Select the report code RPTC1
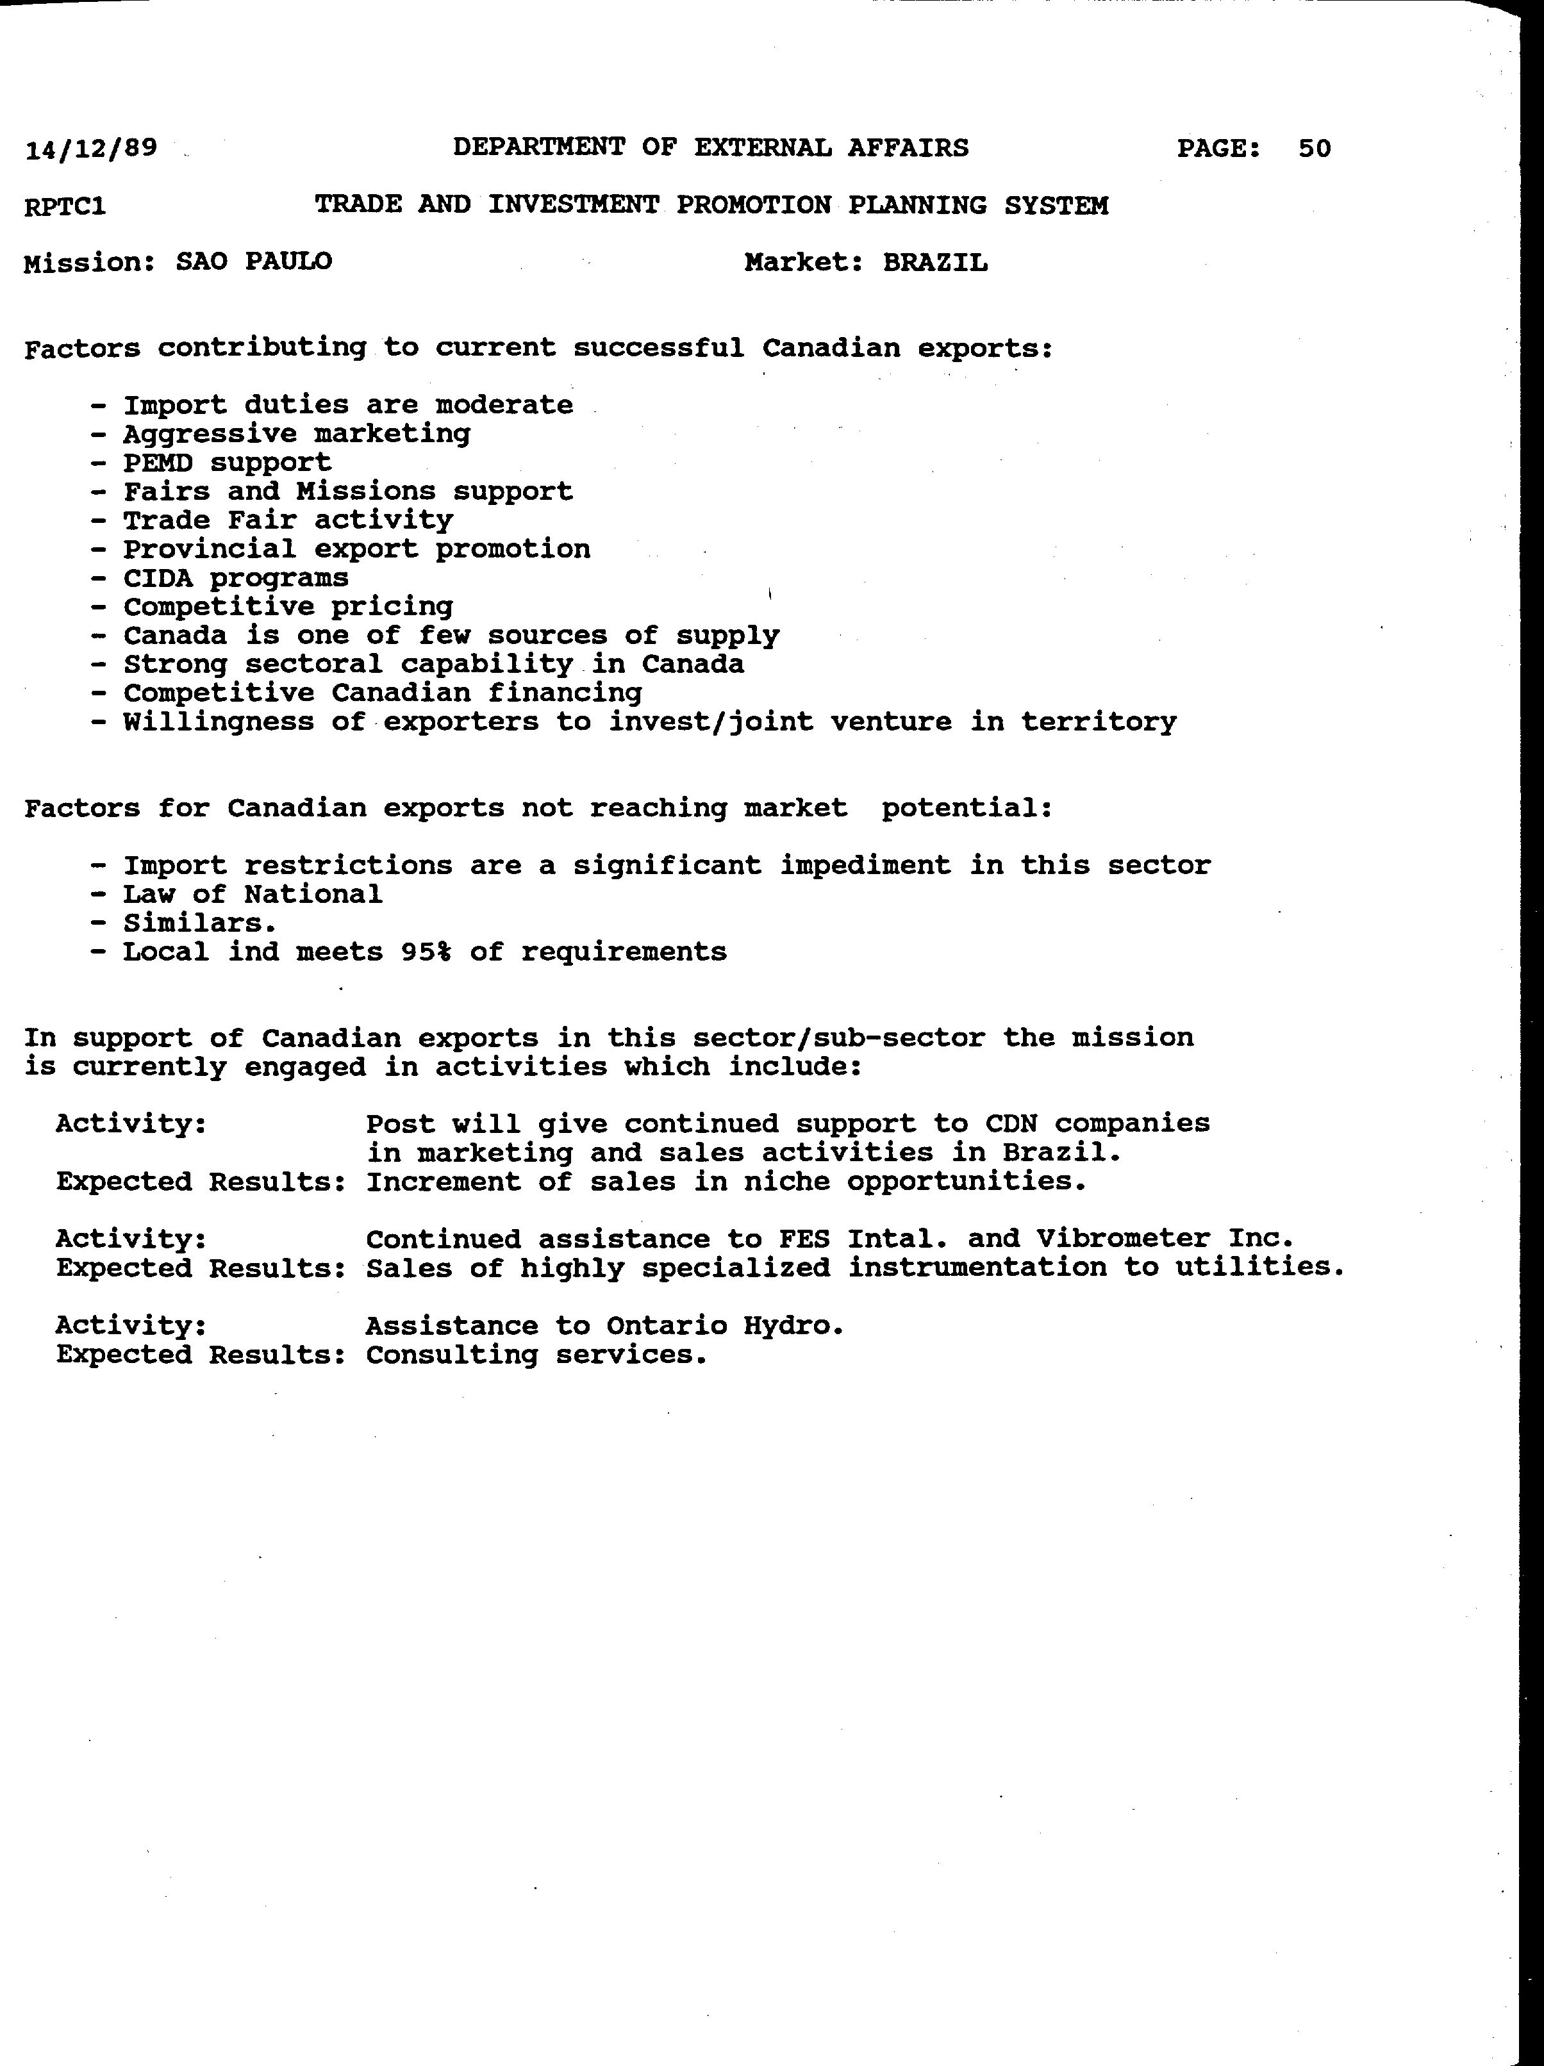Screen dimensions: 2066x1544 tap(65, 206)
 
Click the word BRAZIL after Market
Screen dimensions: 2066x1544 tap(935, 263)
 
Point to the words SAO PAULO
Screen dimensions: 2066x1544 tap(254, 261)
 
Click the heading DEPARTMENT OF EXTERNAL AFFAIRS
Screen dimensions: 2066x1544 tap(711, 147)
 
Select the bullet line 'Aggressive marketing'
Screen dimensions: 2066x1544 tap(297, 434)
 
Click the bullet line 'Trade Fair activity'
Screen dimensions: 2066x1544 tap(288, 520)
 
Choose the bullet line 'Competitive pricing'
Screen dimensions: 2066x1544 tap(288, 607)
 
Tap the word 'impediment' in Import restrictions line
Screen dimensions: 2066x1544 tap(866, 866)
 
